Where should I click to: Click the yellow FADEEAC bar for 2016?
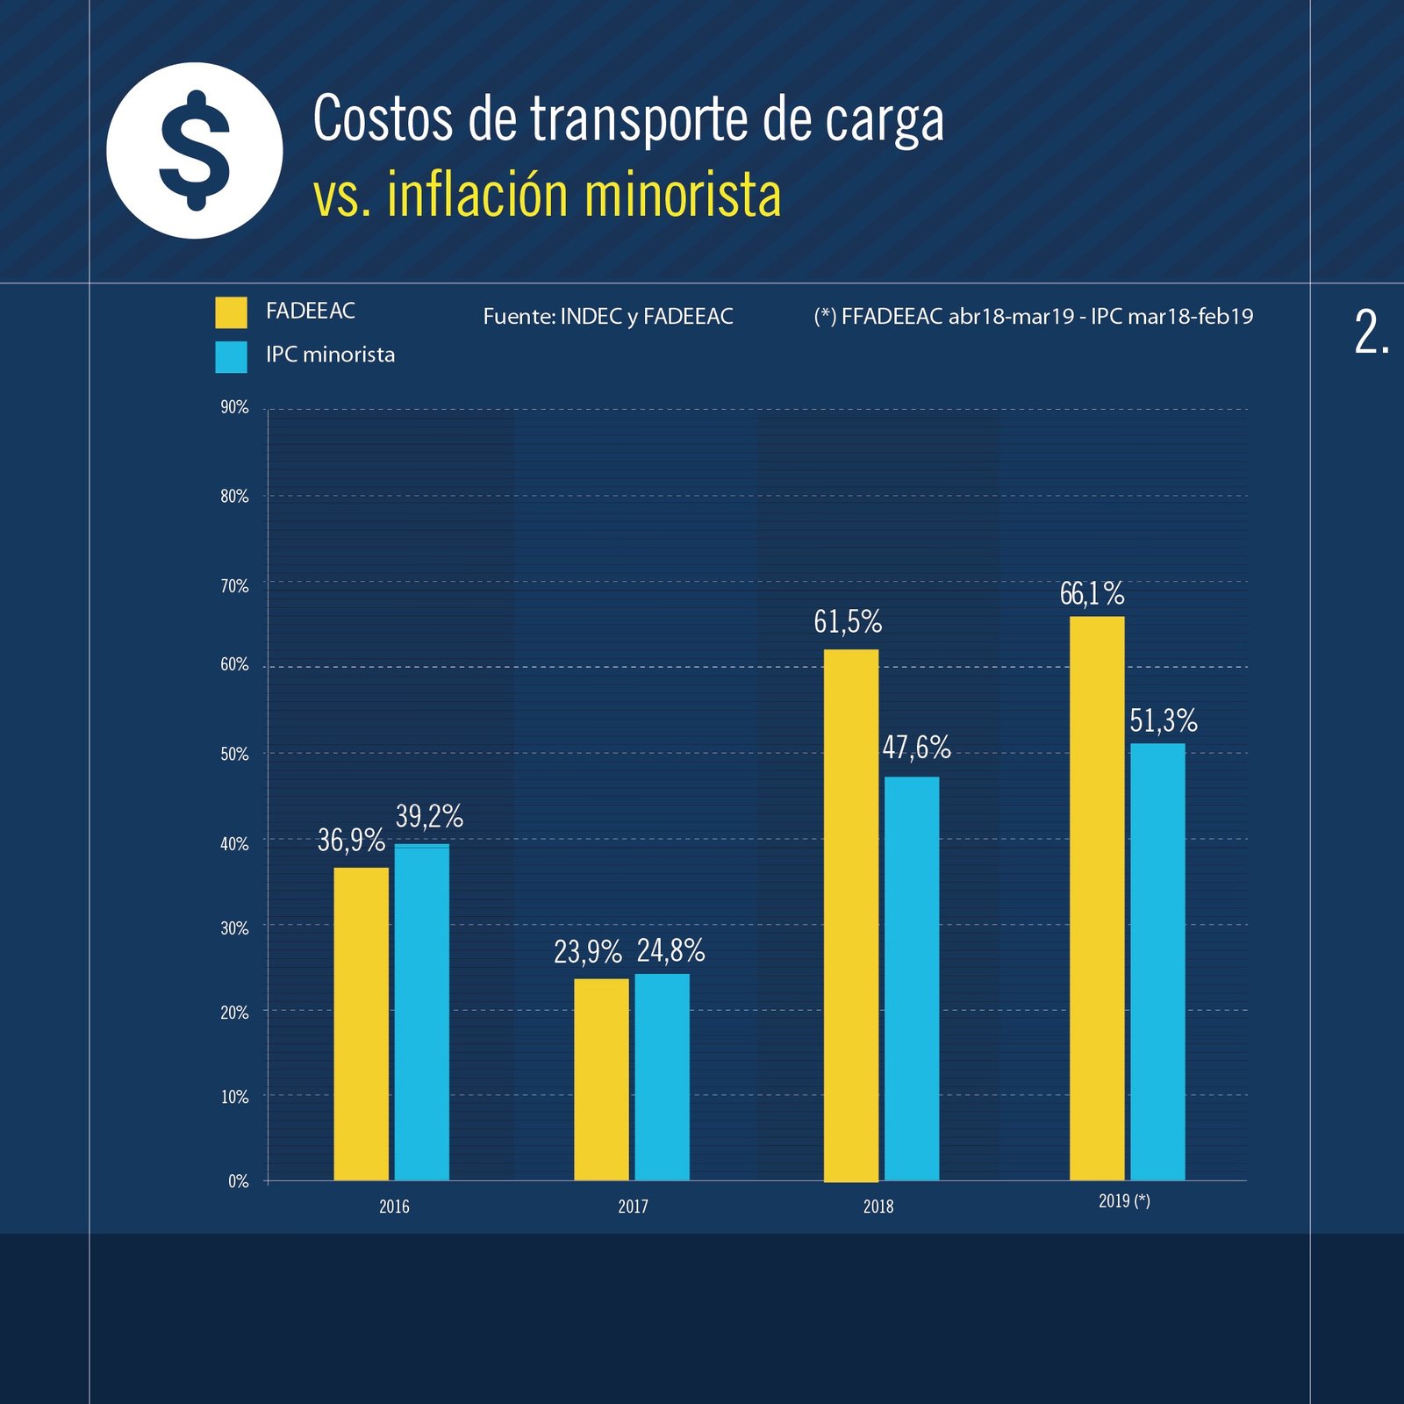point(361,1023)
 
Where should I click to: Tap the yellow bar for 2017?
point(601,1078)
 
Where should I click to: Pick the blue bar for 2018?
point(911,978)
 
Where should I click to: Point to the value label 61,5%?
point(847,622)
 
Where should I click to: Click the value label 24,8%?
point(670,950)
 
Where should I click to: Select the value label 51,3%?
point(1163,721)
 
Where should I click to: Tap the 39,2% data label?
point(429,817)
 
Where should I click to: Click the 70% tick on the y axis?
point(234,586)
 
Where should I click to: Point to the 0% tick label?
point(238,1181)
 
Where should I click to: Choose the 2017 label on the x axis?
point(633,1207)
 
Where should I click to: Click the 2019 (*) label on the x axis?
point(1124,1201)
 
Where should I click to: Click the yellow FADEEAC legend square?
point(231,312)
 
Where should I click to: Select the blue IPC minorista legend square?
point(231,357)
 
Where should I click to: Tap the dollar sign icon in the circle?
point(195,151)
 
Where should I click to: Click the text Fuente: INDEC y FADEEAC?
point(607,317)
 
